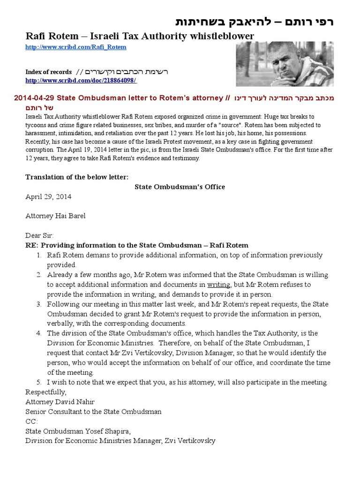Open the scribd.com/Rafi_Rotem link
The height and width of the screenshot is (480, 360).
[x=76, y=47]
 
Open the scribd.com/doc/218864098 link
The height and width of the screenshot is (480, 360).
[x=81, y=81]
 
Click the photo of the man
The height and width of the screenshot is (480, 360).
[x=284, y=63]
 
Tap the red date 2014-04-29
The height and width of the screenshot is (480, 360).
[x=35, y=98]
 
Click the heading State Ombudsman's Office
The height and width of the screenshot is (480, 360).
[x=180, y=187]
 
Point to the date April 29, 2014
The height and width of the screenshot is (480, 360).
[x=48, y=196]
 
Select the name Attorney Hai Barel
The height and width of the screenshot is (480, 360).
[x=55, y=216]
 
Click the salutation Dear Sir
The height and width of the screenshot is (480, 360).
[x=39, y=235]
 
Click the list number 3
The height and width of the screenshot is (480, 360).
[x=39, y=304]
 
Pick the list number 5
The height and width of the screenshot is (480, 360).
[x=39, y=382]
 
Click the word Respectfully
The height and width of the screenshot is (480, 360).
[x=46, y=392]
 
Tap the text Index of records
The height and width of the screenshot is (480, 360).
[x=48, y=72]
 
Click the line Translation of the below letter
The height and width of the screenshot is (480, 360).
[x=76, y=177]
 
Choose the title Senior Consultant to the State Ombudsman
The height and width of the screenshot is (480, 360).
[x=93, y=412]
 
